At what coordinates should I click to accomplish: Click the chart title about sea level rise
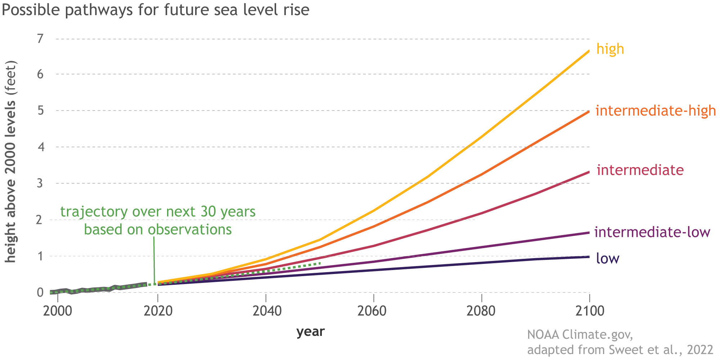point(156,10)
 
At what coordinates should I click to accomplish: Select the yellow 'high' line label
point(610,49)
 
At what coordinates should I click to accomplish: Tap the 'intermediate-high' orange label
point(656,111)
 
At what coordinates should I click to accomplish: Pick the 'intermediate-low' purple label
point(652,232)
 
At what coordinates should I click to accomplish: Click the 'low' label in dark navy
point(607,258)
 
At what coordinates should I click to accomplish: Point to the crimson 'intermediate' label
point(640,170)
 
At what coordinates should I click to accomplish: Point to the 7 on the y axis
point(40,38)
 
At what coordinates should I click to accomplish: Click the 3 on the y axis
point(40,183)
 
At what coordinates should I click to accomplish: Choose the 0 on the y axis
point(40,292)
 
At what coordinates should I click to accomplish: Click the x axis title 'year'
point(310,332)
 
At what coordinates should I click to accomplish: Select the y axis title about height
point(11,162)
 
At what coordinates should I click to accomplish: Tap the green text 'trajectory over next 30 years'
point(158,212)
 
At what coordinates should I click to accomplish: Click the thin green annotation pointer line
point(154,259)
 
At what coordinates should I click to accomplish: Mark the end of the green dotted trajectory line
point(320,263)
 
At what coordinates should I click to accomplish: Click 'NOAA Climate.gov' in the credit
point(580,334)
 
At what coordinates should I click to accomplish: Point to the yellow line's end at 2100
point(589,51)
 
